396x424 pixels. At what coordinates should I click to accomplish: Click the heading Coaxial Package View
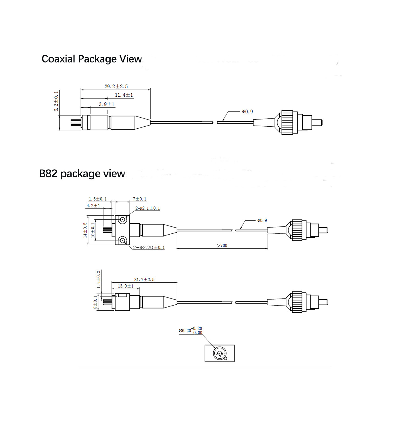92,59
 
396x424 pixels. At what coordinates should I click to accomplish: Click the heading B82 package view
82,174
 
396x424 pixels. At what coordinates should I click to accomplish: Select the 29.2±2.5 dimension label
116,86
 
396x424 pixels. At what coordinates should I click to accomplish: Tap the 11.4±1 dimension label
124,95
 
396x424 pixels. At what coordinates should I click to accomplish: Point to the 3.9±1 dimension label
107,104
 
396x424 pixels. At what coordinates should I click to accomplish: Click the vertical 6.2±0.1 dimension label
56,101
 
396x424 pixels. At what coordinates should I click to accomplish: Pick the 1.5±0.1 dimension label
98,199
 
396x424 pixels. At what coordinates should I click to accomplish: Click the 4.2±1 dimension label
93,206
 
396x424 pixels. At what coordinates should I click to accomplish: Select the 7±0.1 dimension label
140,199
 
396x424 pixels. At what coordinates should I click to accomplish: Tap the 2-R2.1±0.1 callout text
148,208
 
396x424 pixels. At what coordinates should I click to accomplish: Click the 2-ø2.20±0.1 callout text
149,248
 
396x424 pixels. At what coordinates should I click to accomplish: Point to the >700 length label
222,246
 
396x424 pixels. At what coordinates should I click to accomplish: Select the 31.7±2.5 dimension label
144,280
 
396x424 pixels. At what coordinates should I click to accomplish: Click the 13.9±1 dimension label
126,286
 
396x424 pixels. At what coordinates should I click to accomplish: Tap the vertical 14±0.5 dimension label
85,230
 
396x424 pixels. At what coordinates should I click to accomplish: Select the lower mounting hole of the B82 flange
122,241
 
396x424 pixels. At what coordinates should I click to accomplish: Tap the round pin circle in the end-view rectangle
219,353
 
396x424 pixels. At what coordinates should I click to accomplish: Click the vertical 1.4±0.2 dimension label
98,279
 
